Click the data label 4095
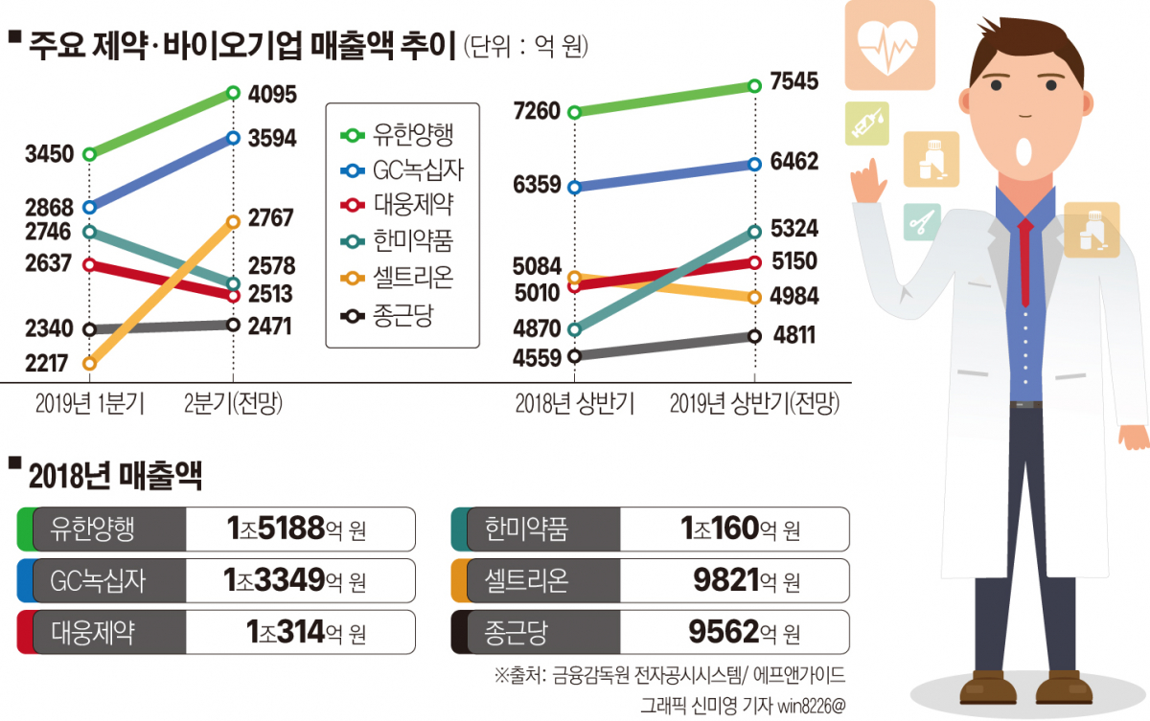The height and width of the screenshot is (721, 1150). click(272, 95)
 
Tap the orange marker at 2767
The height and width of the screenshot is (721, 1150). click(233, 221)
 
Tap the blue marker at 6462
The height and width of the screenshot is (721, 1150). click(755, 164)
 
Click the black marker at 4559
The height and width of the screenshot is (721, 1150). click(575, 356)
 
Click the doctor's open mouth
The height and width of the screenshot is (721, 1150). click(1023, 150)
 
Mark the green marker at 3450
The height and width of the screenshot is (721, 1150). click(89, 153)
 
